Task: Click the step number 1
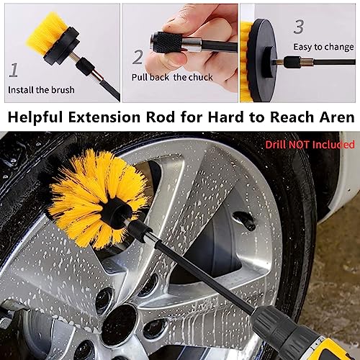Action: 14,70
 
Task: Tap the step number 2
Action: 138,57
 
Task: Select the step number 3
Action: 298,27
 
